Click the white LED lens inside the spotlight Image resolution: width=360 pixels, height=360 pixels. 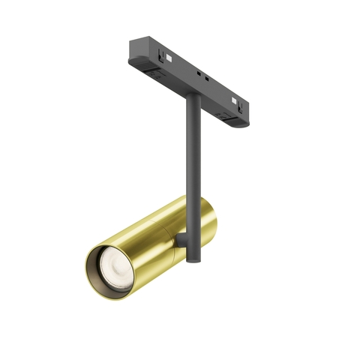tap(116, 267)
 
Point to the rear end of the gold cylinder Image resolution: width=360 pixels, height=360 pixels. tap(211, 214)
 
